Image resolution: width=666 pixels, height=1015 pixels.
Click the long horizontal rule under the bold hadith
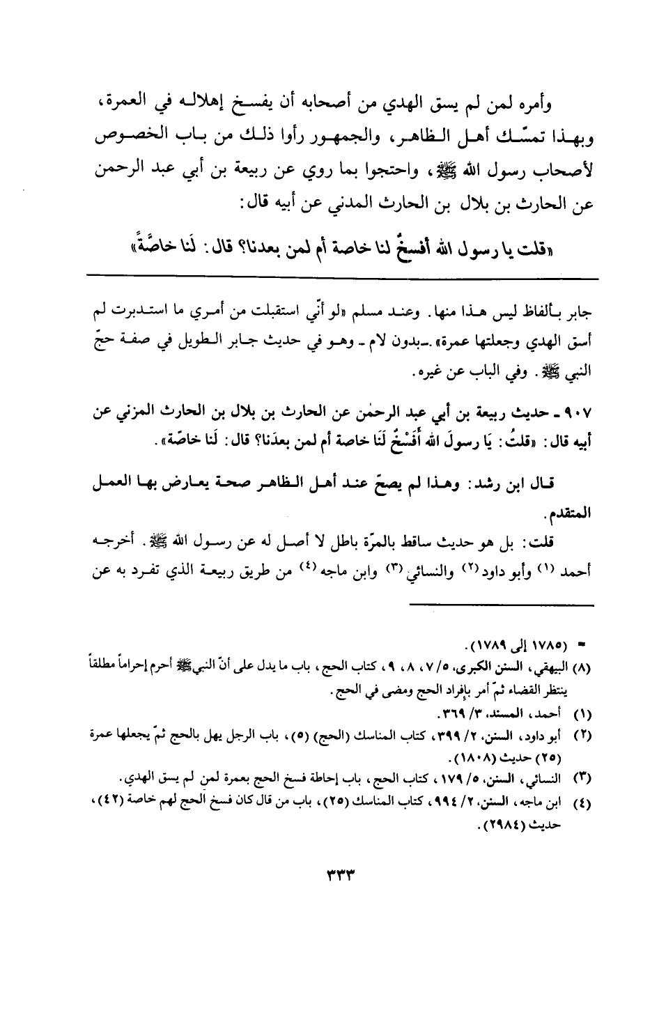341,280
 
